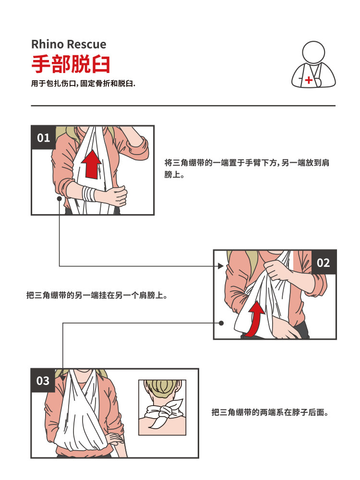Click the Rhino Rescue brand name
[69, 45]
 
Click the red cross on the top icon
[308, 80]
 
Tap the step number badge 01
[43, 138]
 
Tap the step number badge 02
[324, 263]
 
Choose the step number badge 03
[43, 381]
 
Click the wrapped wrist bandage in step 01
[89, 193]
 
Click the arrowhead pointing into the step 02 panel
[221, 265]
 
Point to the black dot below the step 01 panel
[59, 198]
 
